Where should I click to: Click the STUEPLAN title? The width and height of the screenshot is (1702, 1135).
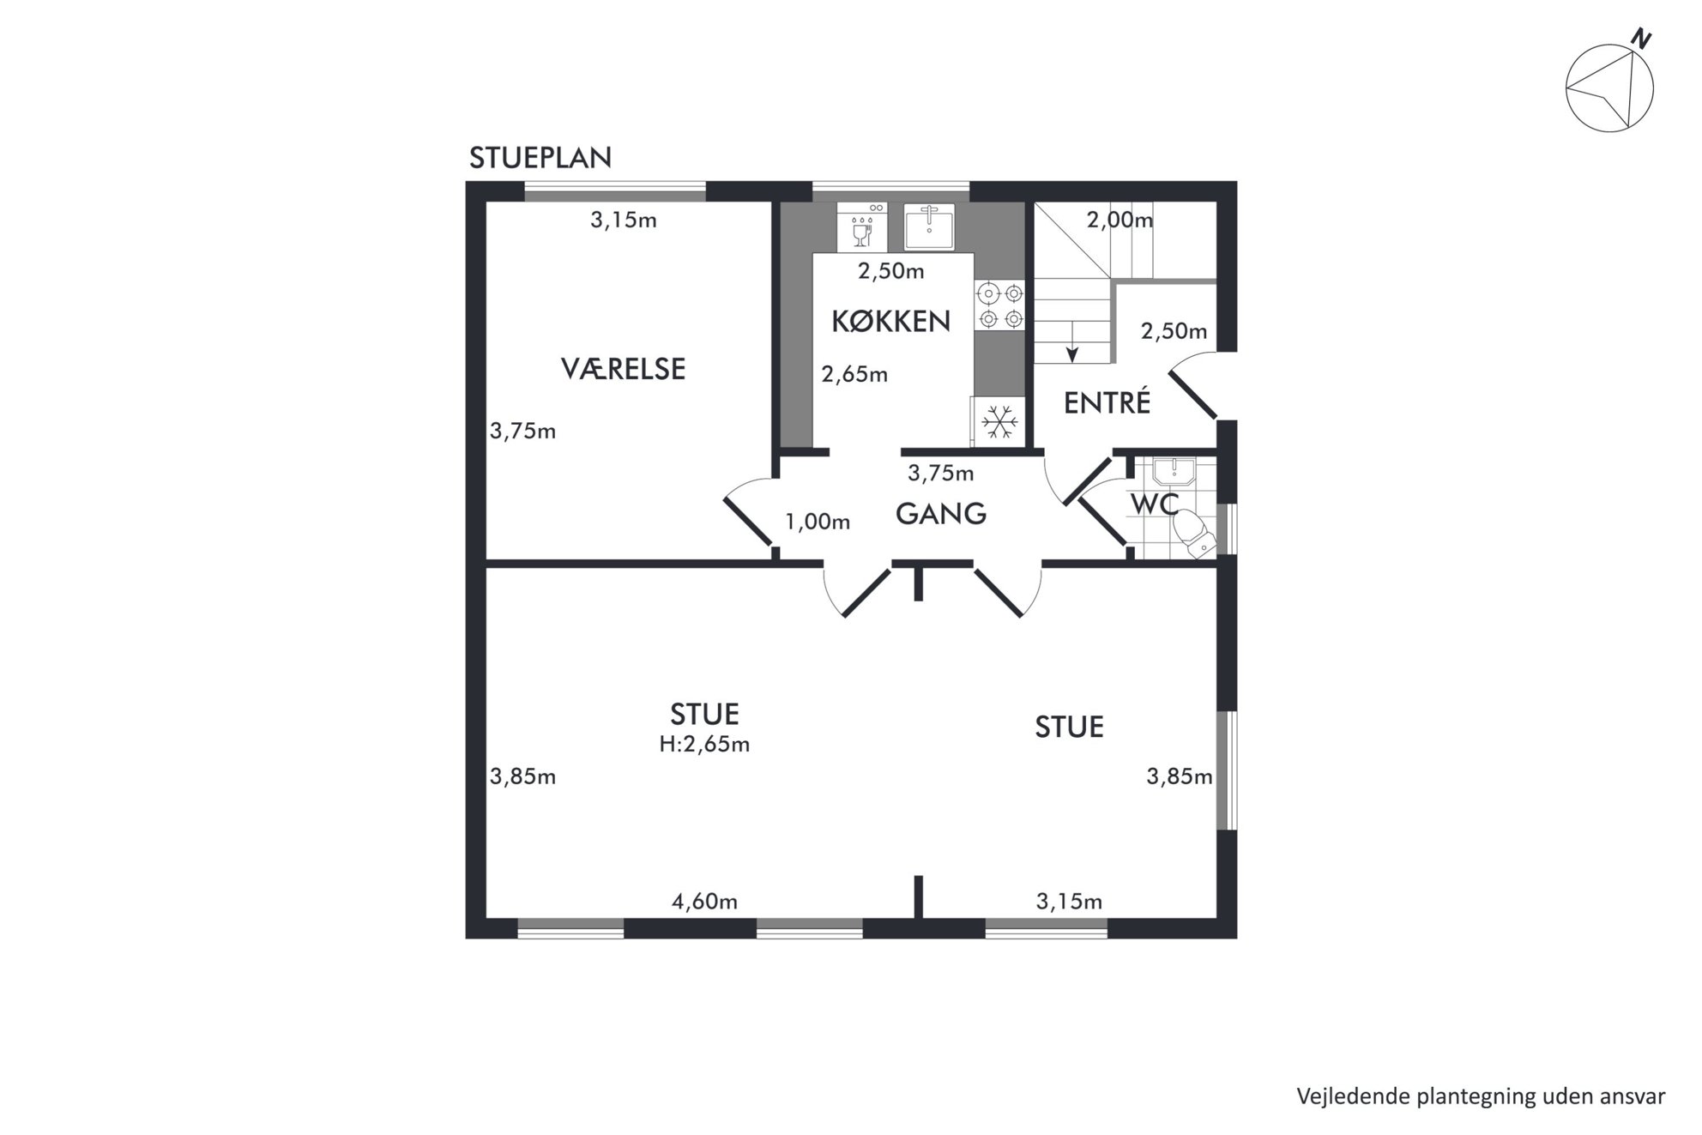[x=540, y=158]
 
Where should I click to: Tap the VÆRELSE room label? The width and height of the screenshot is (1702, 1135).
[x=624, y=369]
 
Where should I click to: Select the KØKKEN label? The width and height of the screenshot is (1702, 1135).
[x=891, y=321]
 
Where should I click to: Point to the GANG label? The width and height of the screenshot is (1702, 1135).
[x=941, y=514]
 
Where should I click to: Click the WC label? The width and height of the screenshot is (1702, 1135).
[x=1155, y=504]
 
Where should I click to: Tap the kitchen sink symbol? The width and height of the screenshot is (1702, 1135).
[x=929, y=226]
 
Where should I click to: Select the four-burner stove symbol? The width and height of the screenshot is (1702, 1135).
[x=1000, y=306]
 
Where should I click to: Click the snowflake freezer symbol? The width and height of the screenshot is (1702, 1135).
[x=999, y=421]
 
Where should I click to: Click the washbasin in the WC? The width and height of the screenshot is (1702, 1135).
[x=1174, y=473]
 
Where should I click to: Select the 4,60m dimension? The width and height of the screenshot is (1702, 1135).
[x=704, y=902]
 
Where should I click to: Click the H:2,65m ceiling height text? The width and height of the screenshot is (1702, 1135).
[x=704, y=744]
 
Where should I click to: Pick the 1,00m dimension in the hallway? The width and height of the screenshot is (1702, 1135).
[x=818, y=522]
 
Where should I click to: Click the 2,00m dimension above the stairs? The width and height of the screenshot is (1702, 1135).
[x=1120, y=220]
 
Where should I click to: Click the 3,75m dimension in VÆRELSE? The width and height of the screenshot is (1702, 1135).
[x=522, y=431]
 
